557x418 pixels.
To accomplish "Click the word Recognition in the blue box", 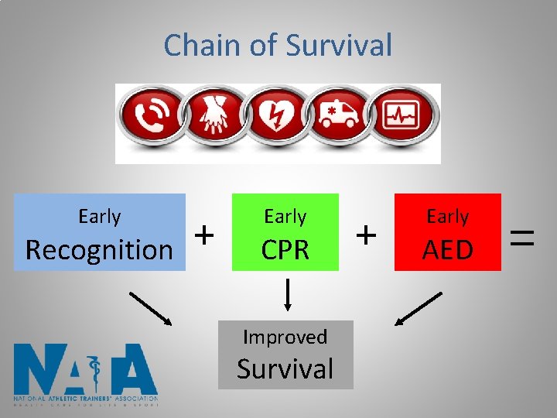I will [x=99, y=249].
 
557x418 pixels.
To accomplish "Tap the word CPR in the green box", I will [x=285, y=249].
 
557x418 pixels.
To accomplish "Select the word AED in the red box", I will [x=447, y=249].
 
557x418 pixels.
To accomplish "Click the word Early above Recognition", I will [x=99, y=217].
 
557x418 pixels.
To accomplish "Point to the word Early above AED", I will [x=447, y=217].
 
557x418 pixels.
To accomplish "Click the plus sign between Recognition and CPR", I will [x=203, y=232].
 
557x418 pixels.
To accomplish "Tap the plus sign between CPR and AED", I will [x=367, y=232].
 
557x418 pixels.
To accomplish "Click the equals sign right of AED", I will [x=524, y=232].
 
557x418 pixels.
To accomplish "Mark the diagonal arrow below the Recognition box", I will [x=150, y=308].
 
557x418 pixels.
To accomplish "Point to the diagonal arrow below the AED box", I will [x=419, y=308].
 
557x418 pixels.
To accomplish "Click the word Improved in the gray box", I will [x=285, y=337].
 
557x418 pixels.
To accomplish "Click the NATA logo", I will [x=86, y=375].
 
